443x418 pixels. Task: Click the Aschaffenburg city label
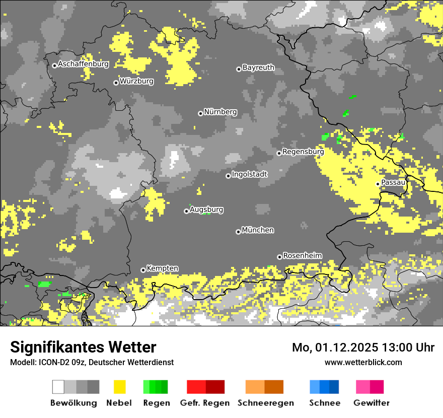click(83, 64)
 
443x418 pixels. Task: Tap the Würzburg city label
click(136, 81)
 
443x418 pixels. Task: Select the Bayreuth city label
click(258, 67)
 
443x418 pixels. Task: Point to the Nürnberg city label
click(220, 112)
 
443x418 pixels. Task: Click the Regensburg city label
click(303, 152)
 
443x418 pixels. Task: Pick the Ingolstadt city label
click(249, 174)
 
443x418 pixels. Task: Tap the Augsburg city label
click(206, 210)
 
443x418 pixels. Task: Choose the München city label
click(258, 230)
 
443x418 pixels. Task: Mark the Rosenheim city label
click(302, 256)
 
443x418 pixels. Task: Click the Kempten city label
click(162, 268)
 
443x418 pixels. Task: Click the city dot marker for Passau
click(378, 184)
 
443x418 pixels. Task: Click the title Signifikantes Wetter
click(83, 347)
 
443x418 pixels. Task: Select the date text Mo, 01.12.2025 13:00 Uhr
click(363, 347)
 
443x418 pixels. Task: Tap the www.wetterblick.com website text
click(363, 362)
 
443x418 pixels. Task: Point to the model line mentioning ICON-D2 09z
click(92, 362)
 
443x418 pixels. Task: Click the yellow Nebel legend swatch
click(119, 387)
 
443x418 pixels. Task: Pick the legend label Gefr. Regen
click(205, 403)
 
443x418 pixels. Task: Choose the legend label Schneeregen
click(265, 403)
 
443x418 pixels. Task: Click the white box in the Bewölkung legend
click(58, 387)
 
